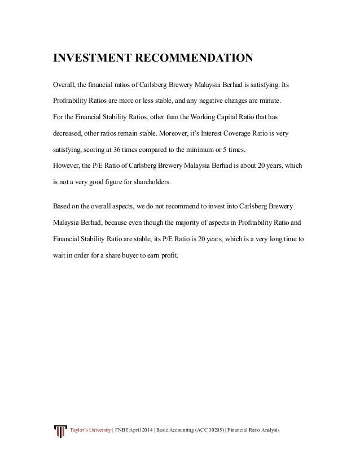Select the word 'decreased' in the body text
pyautogui.click(x=67, y=135)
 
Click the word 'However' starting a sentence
pyautogui.click(x=67, y=166)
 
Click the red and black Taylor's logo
pyautogui.click(x=59, y=432)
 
